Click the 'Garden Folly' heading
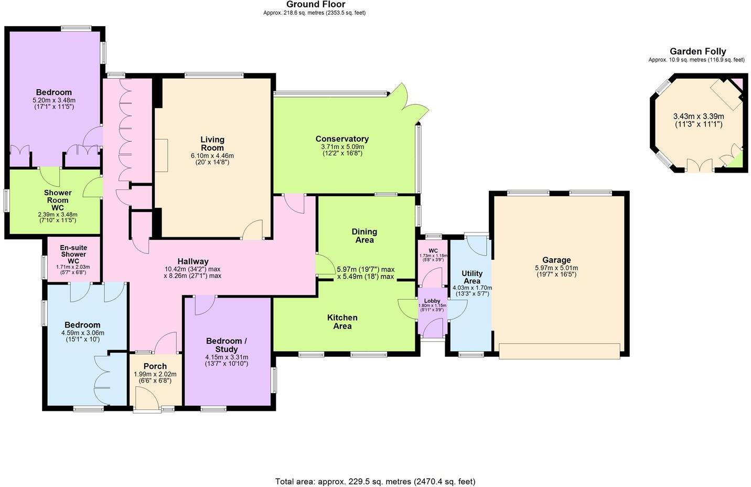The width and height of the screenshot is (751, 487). coord(698,51)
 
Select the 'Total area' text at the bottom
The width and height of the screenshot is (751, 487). coord(375,481)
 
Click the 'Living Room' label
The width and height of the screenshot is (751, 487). coord(212,143)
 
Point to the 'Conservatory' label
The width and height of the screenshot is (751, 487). coord(342,139)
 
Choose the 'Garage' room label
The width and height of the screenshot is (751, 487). coord(556,260)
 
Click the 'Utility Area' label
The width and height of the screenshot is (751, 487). coord(471,277)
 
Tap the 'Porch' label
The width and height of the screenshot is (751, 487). coord(155,366)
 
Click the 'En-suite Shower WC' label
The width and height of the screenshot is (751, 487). coord(73,254)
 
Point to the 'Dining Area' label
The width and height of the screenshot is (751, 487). coord(364,236)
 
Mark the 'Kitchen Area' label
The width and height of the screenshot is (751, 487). coord(342,322)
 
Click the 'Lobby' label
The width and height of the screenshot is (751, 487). coord(432,301)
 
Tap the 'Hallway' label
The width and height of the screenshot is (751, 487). coord(193,261)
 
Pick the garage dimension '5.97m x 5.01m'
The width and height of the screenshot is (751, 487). coord(556,268)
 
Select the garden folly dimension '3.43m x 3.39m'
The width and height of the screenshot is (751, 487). coord(698,117)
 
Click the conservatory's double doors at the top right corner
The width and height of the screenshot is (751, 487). coord(404,97)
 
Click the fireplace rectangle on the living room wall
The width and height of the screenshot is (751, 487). coord(161,155)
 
